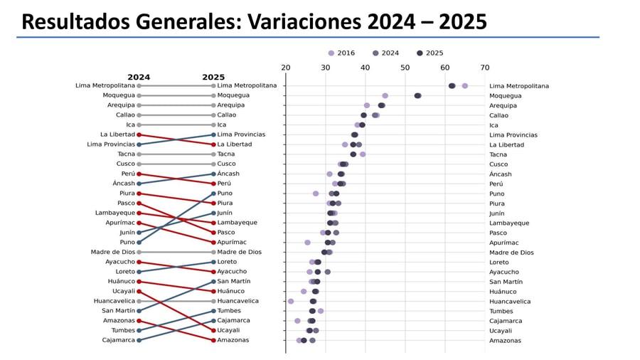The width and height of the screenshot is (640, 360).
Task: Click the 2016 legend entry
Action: click(341, 53)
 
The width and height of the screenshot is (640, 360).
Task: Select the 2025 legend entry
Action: click(430, 53)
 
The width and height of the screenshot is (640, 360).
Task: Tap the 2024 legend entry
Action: click(385, 53)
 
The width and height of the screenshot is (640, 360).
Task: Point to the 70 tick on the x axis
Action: click(485, 68)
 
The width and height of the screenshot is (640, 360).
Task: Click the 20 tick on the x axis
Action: click(286, 68)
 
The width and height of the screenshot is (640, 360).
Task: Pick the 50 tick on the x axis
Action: click(405, 68)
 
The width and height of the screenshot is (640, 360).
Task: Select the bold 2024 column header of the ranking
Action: click(139, 77)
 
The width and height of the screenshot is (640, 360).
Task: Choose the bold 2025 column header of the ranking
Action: click(213, 77)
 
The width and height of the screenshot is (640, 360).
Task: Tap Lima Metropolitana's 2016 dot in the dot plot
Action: click(465, 86)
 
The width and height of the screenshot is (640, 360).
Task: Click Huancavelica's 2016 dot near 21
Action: click(291, 302)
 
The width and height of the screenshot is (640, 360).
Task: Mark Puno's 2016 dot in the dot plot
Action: click(316, 194)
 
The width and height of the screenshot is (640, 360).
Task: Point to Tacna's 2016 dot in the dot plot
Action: click(363, 154)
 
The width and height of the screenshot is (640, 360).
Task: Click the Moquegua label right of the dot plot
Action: click(505, 96)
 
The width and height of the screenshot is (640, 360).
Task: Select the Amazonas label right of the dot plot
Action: click(505, 341)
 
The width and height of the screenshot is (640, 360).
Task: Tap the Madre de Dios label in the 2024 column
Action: click(112, 252)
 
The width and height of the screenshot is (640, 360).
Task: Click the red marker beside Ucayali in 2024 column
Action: click(139, 291)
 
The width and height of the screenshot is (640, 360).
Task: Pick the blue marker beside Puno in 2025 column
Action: click(213, 194)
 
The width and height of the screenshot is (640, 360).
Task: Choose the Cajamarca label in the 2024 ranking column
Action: click(118, 340)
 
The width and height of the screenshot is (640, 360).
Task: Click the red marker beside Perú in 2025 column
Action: click(213, 184)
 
